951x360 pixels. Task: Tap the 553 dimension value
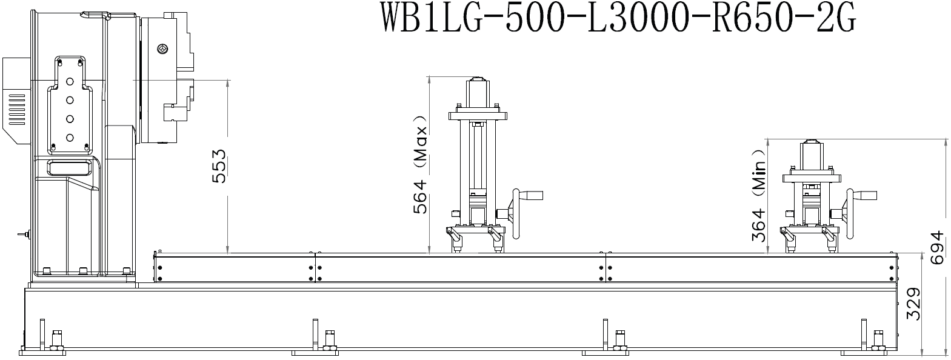(219, 166)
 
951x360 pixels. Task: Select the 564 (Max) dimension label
(420, 164)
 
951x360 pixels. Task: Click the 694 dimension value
(939, 248)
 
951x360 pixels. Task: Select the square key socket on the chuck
(162, 48)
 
